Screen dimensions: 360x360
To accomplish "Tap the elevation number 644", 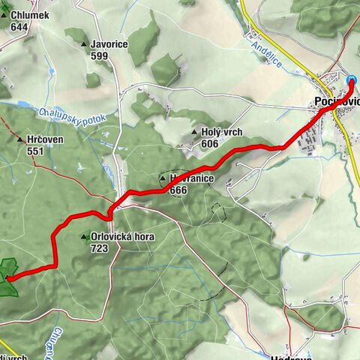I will click(x=19, y=27).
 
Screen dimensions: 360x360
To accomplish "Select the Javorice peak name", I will click(x=108, y=44).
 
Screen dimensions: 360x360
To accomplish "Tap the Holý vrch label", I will click(x=221, y=133).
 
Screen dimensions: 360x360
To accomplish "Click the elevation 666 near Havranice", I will click(x=178, y=190).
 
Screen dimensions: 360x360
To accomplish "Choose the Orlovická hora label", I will click(x=120, y=237).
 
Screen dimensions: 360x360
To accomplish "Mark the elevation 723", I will click(x=99, y=247).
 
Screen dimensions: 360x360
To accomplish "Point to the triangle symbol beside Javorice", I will click(x=84, y=44).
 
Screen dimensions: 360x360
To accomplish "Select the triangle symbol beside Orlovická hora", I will click(x=85, y=237).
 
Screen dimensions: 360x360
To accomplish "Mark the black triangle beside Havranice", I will click(x=162, y=179).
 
